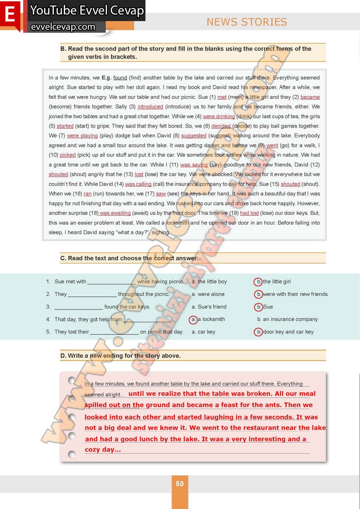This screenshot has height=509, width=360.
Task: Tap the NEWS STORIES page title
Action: click(247, 22)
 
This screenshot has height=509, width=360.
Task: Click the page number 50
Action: click(180, 484)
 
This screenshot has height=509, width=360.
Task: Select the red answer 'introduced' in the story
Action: click(150, 107)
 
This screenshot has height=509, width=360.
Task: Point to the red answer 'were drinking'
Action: click(219, 116)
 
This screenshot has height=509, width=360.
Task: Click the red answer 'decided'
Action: click(221, 126)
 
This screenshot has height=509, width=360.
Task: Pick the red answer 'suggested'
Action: click(193, 136)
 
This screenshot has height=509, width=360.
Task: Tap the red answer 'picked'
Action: click(68, 155)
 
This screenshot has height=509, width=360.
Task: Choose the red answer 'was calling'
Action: click(138, 184)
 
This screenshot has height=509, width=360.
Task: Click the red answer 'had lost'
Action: click(249, 213)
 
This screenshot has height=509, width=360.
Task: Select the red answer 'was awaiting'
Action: click(115, 213)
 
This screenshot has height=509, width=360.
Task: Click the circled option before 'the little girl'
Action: click(258, 282)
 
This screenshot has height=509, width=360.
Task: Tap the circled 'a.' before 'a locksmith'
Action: click(193, 320)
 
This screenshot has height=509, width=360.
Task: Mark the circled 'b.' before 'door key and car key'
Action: click(258, 332)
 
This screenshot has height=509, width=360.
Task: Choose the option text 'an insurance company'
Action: click(290, 319)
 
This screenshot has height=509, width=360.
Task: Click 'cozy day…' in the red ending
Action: click(103, 450)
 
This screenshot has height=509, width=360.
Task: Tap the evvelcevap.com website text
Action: click(63, 27)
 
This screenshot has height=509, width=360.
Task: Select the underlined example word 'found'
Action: click(120, 77)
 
